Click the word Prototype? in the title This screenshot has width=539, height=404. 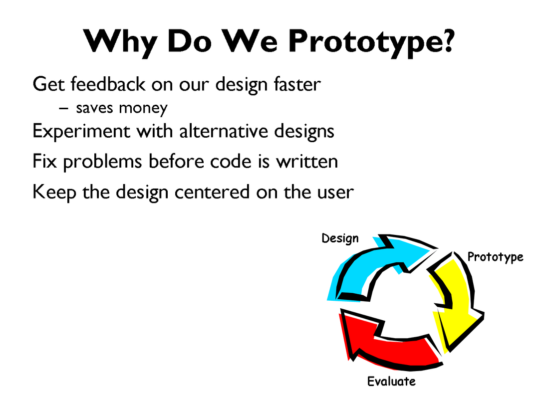click(x=372, y=42)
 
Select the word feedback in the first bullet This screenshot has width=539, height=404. click(x=108, y=84)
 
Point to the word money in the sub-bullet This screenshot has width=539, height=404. click(x=143, y=109)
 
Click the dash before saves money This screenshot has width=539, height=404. click(x=63, y=108)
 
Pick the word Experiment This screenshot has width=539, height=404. click(x=81, y=131)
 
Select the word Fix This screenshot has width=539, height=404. click(x=44, y=161)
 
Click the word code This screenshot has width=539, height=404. click(x=231, y=161)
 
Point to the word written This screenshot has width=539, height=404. click(x=307, y=162)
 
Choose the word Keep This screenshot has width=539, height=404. click(x=54, y=192)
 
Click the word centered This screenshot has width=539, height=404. click(x=212, y=192)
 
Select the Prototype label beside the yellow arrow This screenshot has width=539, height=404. click(x=496, y=257)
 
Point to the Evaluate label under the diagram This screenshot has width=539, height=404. click(x=392, y=382)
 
